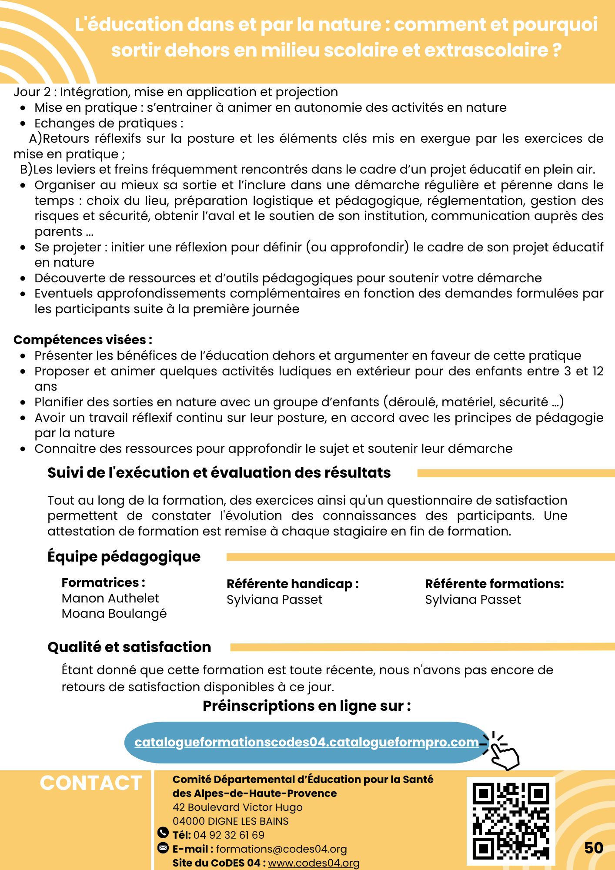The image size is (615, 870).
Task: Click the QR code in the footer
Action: [x=511, y=821]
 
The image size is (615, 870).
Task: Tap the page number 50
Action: [x=593, y=848]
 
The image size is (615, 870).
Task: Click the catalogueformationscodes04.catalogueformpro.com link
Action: [x=307, y=742]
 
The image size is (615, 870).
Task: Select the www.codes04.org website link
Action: [x=314, y=863]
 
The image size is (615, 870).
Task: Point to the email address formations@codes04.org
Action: [x=281, y=849]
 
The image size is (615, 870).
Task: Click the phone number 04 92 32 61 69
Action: [x=229, y=835]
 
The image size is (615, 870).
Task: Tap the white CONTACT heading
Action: [x=91, y=783]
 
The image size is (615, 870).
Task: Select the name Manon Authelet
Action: [x=110, y=598]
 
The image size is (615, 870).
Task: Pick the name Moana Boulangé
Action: [x=114, y=613]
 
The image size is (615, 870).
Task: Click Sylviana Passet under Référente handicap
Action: [x=274, y=599]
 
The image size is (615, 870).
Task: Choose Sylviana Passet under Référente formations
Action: [x=473, y=599]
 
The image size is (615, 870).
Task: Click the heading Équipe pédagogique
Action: [x=124, y=557]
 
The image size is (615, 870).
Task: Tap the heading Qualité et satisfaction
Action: [x=129, y=647]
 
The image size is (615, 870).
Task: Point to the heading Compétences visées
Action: [x=83, y=340]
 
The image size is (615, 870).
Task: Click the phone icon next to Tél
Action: [x=163, y=833]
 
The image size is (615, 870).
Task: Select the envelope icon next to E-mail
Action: [x=163, y=848]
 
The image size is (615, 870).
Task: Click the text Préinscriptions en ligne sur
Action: [x=307, y=706]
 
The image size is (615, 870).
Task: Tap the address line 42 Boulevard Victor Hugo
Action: [x=237, y=807]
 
